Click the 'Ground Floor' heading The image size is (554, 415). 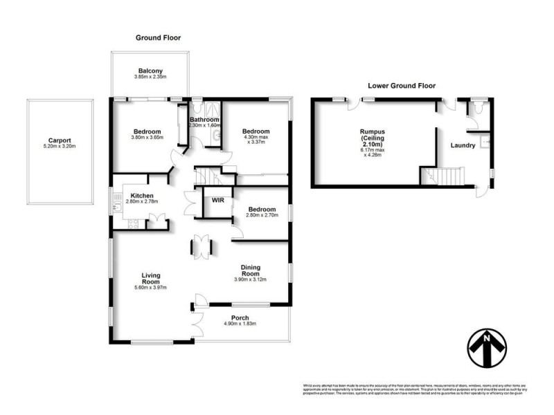[158, 37]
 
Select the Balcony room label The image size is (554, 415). [150, 71]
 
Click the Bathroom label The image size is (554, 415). [204, 120]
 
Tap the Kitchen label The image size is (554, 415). [142, 196]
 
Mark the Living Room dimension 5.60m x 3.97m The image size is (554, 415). [147, 288]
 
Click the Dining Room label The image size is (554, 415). [251, 271]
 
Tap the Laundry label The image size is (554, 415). [462, 145]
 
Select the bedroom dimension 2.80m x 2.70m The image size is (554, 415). [262, 216]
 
